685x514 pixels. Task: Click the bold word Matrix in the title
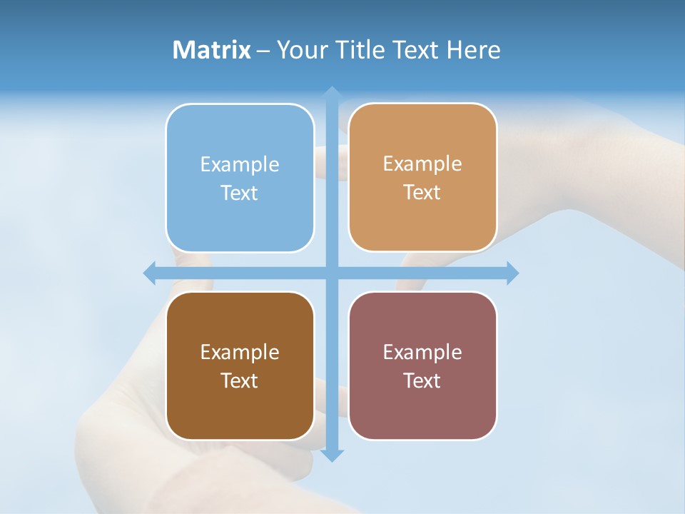tap(212, 50)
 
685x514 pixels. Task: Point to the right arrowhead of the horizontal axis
tap(512, 273)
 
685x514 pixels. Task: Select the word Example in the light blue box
tap(240, 165)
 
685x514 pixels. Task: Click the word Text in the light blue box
tap(240, 193)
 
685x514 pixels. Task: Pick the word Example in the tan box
tap(422, 164)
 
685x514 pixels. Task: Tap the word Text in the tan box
tap(422, 193)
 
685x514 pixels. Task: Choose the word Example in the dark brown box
tap(240, 353)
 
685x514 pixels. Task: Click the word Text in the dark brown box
tap(240, 381)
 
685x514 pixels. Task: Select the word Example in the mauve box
tap(422, 353)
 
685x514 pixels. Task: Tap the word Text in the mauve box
tap(422, 381)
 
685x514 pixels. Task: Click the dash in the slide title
tap(263, 51)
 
